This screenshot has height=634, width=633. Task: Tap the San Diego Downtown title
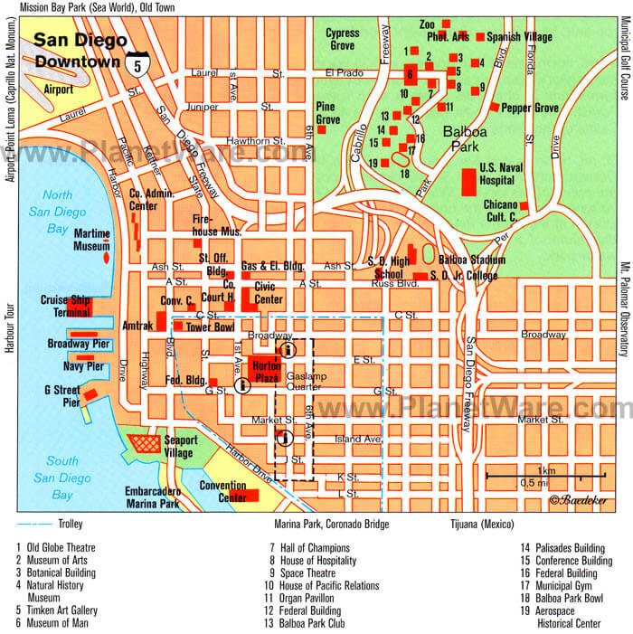tap(77, 50)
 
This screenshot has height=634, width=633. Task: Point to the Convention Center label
tap(222, 491)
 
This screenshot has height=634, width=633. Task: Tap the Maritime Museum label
tap(91, 240)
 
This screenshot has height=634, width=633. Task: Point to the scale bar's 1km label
tap(545, 469)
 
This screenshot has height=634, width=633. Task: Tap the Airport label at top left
tap(59, 90)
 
